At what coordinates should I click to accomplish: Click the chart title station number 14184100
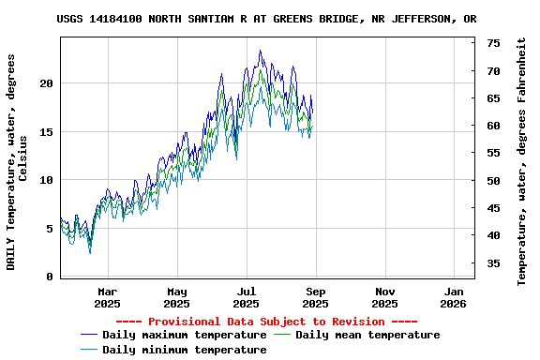(x=113, y=19)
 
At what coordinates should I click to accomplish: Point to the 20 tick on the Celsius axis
(x=46, y=82)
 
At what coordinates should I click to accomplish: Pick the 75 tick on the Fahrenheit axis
(x=493, y=43)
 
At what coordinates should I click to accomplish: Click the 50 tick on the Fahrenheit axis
(x=493, y=180)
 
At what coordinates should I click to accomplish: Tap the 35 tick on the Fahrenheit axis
(x=493, y=262)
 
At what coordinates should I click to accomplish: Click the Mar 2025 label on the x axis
(x=108, y=297)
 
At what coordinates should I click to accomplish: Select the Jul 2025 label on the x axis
(x=246, y=297)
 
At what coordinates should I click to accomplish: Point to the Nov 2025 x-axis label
(x=384, y=297)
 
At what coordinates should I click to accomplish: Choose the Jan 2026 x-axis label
(x=454, y=297)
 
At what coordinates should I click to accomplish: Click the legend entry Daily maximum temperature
(x=184, y=335)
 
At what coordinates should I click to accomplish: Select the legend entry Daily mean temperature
(x=367, y=335)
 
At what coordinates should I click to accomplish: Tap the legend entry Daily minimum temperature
(x=184, y=350)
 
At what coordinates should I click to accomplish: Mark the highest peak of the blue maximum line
(x=260, y=51)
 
